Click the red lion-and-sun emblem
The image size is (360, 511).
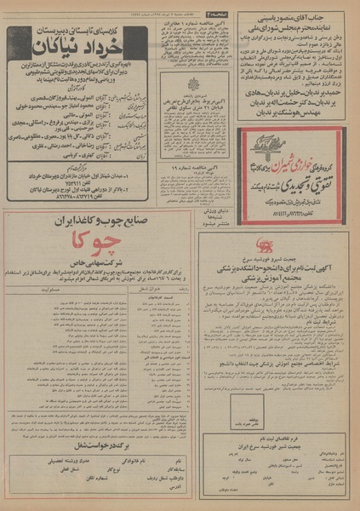214,246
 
